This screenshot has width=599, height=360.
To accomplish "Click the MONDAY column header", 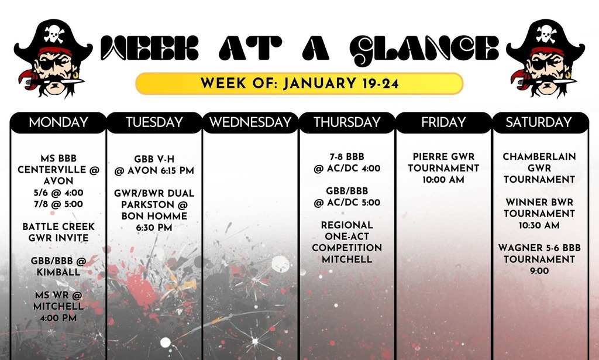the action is [58, 122].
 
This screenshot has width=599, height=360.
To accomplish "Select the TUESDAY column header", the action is [154, 122].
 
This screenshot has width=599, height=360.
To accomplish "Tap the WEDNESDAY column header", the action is [250, 122].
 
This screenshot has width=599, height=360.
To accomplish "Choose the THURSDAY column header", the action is [347, 122].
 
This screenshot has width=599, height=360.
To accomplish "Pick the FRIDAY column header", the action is [443, 122].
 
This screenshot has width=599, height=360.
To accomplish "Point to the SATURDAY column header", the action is [539, 122].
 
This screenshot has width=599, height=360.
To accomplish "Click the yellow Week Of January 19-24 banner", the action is [299, 83].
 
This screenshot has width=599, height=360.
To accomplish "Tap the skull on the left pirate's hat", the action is [54, 33].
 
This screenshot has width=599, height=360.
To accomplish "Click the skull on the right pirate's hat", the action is [546, 33].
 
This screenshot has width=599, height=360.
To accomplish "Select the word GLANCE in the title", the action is [424, 50].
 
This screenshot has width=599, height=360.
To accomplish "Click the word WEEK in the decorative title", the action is [150, 48].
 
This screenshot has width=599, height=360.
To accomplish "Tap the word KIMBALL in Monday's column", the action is [58, 272].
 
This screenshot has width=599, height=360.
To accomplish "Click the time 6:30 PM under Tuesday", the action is [154, 228].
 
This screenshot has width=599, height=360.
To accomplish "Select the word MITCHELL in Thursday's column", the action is [347, 259].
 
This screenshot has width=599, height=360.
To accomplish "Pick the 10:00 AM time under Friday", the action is [443, 180].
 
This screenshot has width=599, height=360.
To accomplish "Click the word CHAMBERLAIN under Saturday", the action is [539, 157].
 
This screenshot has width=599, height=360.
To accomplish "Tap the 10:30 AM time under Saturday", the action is [539, 225].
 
